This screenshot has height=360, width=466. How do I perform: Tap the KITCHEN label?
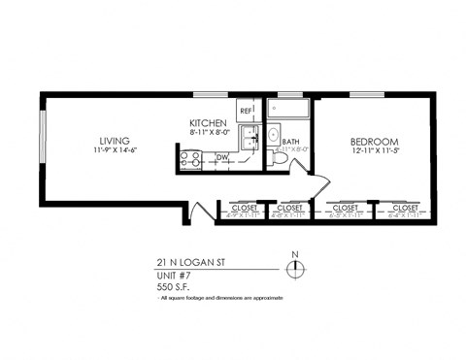[209, 123]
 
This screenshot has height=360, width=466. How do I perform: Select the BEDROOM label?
[374, 143]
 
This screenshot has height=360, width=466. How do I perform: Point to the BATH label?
[290, 142]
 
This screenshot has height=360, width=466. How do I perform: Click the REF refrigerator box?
[247, 110]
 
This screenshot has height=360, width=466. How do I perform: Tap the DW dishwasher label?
[220, 156]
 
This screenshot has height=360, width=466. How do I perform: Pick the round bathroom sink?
[273, 135]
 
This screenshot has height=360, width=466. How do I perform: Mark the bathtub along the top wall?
[288, 111]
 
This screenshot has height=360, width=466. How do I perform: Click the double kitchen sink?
[249, 139]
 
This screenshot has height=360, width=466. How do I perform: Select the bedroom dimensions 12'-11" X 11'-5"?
[374, 154]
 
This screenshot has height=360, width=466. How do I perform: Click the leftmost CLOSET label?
[245, 209]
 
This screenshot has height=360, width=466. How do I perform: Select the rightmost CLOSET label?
[403, 209]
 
